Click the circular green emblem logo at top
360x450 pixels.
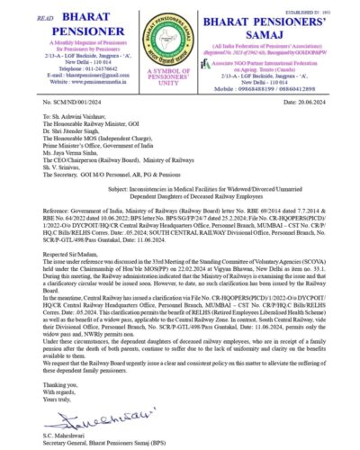coord(180,38)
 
